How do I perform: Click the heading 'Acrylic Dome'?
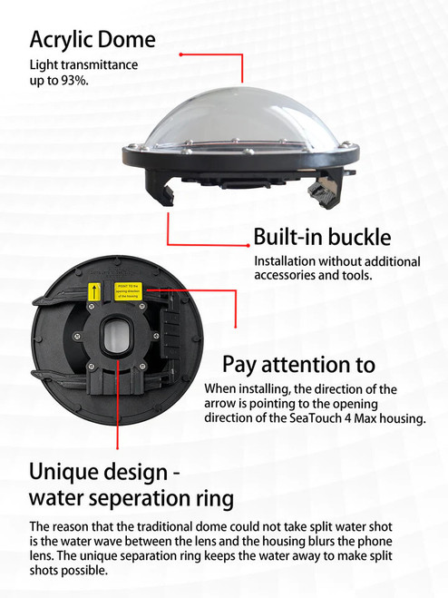[x=92, y=40]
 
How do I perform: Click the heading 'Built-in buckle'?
[x=322, y=239]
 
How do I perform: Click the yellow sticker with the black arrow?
[x=92, y=293]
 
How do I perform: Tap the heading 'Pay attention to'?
[x=298, y=365]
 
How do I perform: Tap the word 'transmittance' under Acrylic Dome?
[x=102, y=66]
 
